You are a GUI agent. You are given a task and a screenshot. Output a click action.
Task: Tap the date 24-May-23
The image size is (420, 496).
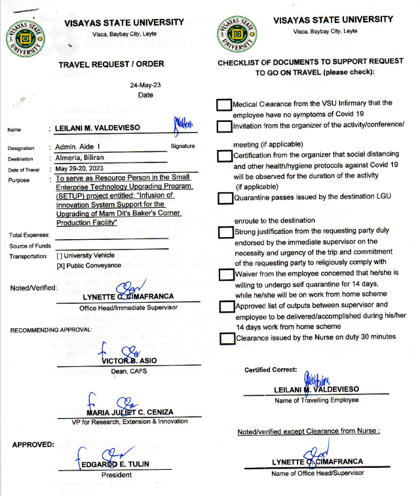click(145, 85)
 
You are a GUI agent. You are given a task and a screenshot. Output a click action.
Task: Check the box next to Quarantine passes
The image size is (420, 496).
click(225, 198)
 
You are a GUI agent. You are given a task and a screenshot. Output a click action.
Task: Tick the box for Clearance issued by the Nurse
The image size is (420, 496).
click(226, 339)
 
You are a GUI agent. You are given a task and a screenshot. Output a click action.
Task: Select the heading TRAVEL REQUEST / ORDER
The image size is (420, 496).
click(111, 64)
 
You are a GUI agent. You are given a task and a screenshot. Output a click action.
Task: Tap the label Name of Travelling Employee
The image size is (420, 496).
click(316, 400)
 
